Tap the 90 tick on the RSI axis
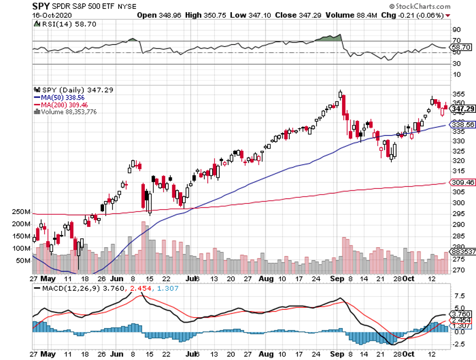click(x=457, y=29)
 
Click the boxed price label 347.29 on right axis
click(x=463, y=109)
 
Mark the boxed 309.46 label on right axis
click(x=463, y=182)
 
